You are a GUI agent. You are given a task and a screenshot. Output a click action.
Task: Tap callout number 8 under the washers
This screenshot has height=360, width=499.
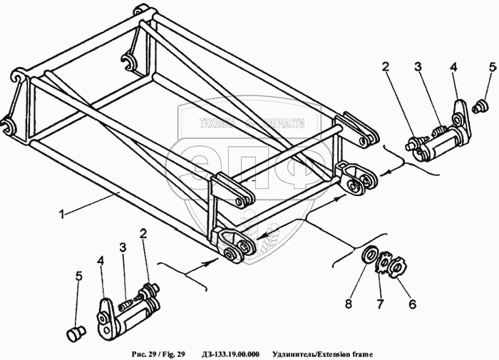pos(349,303)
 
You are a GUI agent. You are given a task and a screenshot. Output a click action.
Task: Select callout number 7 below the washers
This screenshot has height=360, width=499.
pos(381,304)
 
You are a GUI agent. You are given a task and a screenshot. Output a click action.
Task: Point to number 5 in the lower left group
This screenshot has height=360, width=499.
pos(79,276)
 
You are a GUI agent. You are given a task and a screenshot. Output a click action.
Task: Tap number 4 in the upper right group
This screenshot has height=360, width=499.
pos(453,68)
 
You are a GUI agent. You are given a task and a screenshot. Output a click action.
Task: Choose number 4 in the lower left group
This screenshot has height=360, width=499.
pos(101,261)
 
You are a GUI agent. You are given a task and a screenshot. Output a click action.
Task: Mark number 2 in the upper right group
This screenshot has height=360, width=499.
pos(385,68)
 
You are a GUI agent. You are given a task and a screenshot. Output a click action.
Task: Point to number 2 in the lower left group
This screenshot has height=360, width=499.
pos(144,233)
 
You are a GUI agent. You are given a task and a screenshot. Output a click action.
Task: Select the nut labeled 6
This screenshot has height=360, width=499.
pos(398,267)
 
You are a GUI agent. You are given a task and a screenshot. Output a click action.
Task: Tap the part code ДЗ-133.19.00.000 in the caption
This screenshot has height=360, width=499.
pos(230,354)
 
